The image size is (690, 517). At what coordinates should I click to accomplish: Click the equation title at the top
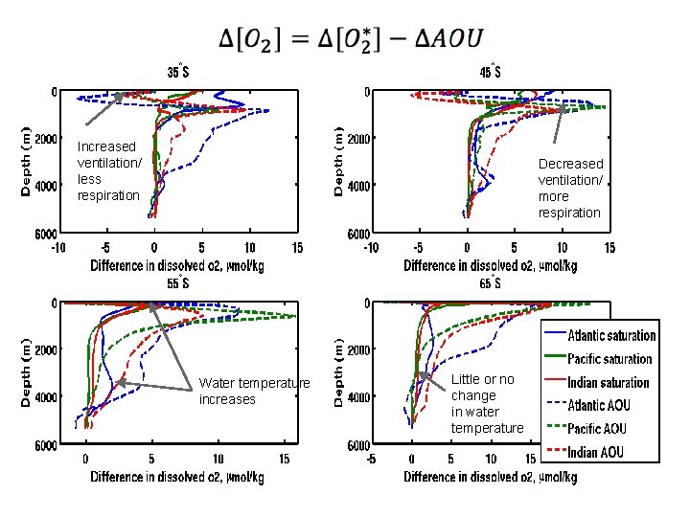point(351,39)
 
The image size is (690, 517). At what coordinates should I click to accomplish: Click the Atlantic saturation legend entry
point(611,336)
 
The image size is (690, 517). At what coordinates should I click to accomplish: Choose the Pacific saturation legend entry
point(609,359)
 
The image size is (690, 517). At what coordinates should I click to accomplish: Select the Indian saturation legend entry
point(608,382)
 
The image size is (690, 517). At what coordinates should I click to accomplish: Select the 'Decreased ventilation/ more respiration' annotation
point(570,188)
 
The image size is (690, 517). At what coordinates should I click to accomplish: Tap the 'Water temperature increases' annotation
point(254,391)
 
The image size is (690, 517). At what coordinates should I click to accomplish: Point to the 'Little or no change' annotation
point(487,403)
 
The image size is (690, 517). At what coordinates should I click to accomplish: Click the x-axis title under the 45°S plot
point(491,265)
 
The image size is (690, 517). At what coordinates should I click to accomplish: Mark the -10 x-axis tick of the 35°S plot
point(57,246)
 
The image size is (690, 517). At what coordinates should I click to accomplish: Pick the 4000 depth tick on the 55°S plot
point(50,396)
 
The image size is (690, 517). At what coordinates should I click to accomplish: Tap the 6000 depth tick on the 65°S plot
point(358,445)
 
